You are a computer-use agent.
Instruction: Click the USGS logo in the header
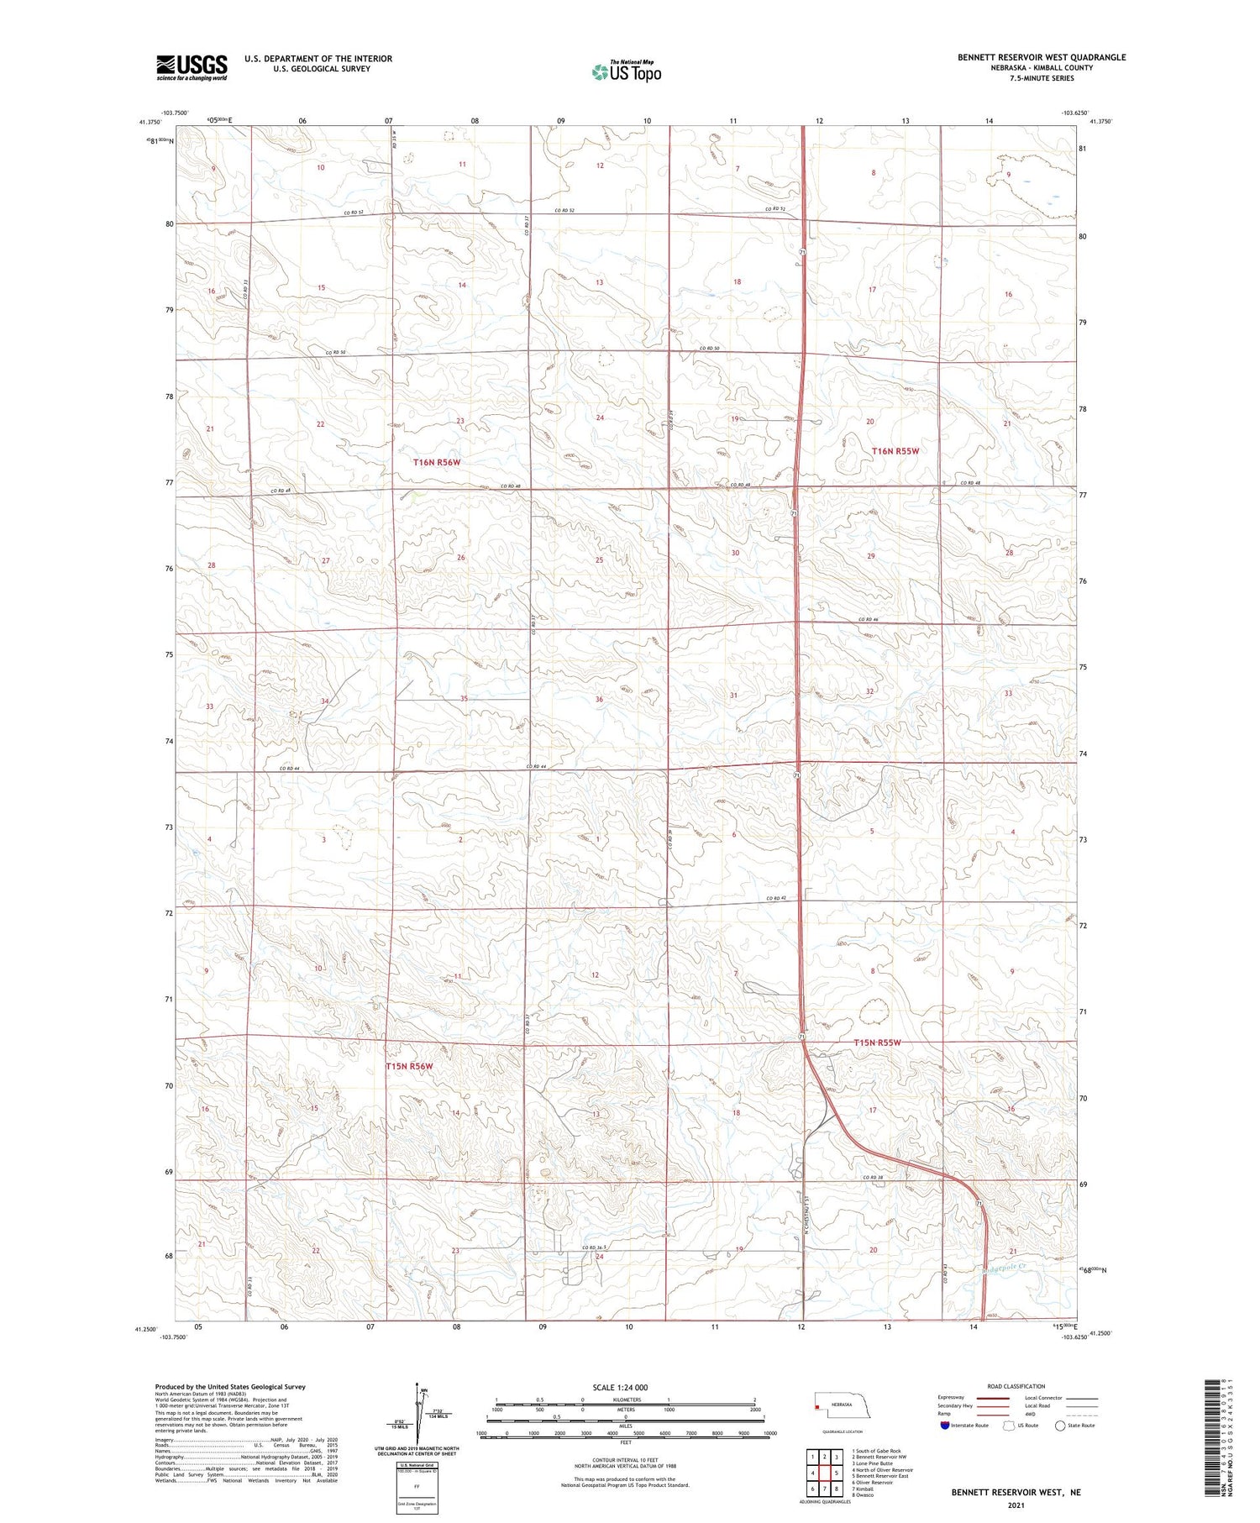(x=192, y=67)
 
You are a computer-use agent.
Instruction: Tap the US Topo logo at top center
(x=627, y=71)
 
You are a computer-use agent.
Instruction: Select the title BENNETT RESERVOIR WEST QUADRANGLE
(x=1042, y=57)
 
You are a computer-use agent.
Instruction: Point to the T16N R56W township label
(x=437, y=462)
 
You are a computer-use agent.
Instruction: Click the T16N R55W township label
(x=895, y=451)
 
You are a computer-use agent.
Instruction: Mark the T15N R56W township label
(x=409, y=1066)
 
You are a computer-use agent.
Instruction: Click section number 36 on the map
(x=599, y=699)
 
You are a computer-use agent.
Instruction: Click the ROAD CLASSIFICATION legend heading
(x=1016, y=1386)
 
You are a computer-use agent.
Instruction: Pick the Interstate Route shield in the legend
(x=945, y=1426)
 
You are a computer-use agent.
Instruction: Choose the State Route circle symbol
(x=1060, y=1426)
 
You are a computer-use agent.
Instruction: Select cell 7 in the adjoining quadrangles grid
(x=813, y=1489)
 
